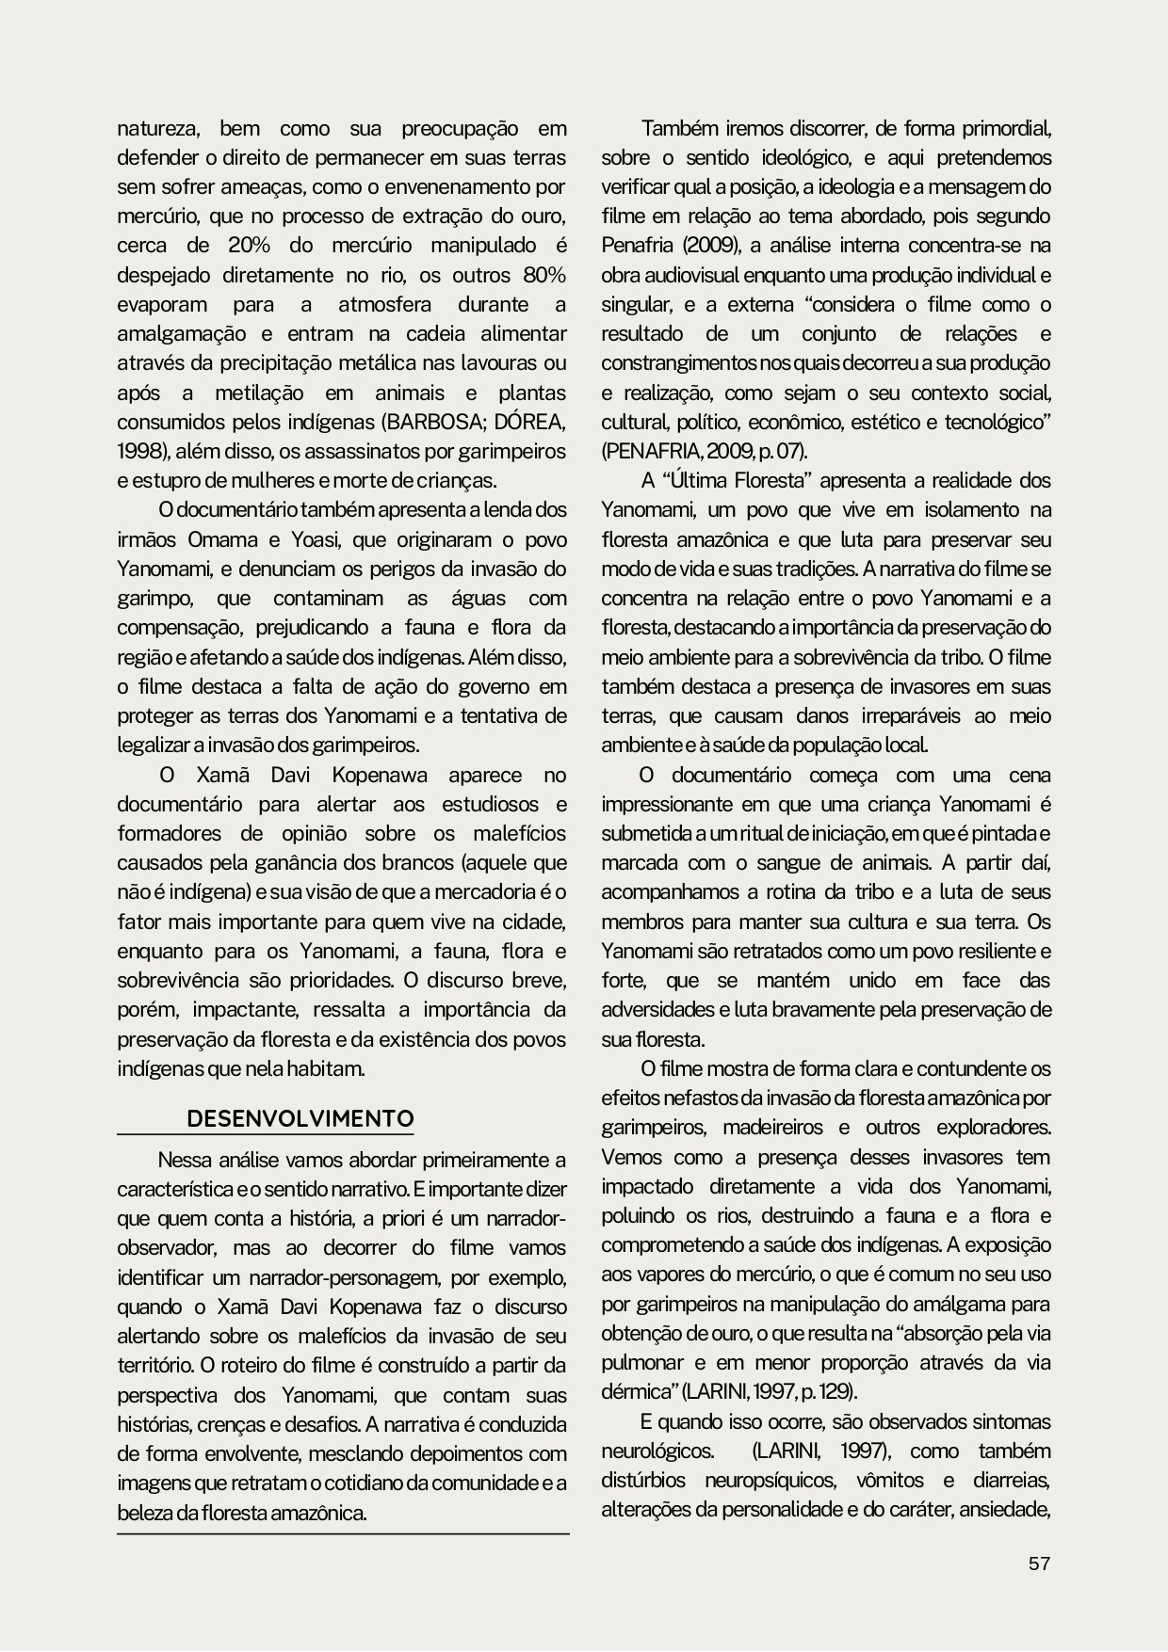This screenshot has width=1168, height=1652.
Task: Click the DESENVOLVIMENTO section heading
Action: [300, 1118]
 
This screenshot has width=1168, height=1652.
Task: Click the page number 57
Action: [1038, 1564]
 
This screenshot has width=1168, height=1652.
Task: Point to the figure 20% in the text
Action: [249, 246]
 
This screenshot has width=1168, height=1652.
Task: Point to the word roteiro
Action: [255, 1365]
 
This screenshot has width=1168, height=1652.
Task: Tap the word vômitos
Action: [890, 1480]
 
